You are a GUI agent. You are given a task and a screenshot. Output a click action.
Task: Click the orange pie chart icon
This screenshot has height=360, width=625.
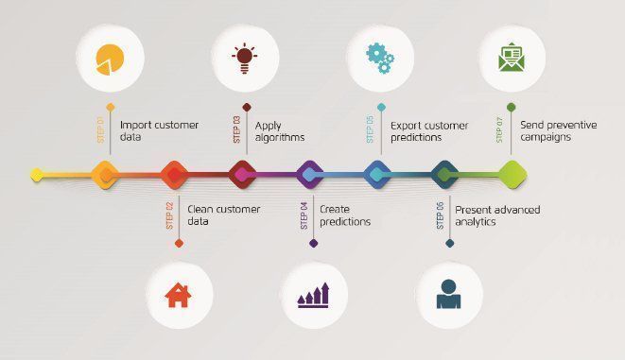(110, 60)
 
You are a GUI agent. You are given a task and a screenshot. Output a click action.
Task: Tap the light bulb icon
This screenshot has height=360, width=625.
(244, 59)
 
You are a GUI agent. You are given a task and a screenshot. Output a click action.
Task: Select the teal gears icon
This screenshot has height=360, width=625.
(380, 59)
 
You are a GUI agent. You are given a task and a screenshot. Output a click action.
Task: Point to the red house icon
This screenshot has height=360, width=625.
(178, 295)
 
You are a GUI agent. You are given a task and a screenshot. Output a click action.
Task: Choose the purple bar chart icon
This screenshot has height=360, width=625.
(313, 295)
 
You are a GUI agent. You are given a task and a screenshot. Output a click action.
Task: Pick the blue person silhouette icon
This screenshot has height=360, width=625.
(448, 294)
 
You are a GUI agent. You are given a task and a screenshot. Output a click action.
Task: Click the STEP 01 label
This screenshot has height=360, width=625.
(100, 129)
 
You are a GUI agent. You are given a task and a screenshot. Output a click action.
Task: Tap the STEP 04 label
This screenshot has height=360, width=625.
(304, 215)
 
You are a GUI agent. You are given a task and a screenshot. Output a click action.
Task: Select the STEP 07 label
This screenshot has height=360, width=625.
(499, 129)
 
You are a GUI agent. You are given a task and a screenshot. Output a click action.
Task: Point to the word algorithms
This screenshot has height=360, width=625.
(280, 138)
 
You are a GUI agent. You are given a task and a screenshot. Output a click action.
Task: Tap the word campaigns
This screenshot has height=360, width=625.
(546, 137)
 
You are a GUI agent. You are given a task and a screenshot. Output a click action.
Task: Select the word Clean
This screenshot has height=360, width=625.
(201, 209)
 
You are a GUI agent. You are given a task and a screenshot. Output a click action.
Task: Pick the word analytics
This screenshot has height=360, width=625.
(476, 222)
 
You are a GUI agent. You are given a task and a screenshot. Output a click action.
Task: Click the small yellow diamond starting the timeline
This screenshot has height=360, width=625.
(37, 175)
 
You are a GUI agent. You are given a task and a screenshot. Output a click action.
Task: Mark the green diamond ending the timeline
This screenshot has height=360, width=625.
(512, 175)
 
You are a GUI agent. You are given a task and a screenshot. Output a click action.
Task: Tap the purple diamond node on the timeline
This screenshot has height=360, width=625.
(310, 175)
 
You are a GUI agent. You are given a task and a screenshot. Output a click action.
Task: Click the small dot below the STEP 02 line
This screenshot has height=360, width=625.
(179, 243)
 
